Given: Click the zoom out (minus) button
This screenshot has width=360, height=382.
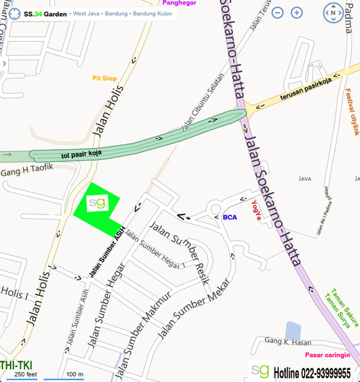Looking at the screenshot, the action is pos(277,13).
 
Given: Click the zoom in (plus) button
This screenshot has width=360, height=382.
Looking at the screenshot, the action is pos(296,13).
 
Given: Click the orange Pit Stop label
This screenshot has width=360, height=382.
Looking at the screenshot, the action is pos(104,78).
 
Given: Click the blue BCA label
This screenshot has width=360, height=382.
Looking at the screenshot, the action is pos(230,217).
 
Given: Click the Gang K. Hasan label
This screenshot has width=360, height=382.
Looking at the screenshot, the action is pos(288,340).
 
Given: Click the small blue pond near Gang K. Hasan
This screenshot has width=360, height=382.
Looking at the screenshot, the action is pos(293,330).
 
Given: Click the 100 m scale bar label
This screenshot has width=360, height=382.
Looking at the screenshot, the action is pos(74,374).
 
